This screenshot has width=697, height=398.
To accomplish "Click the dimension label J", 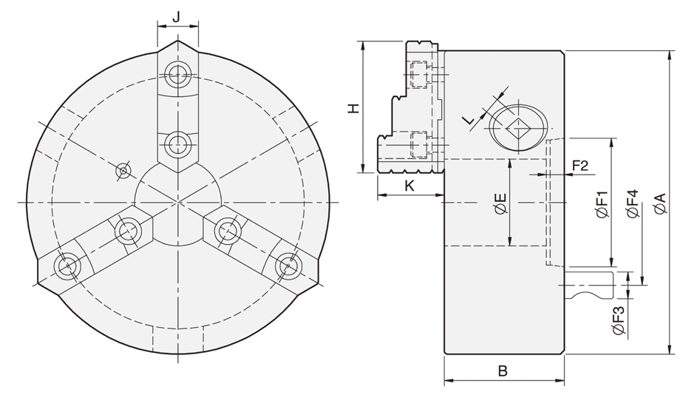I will pos(177,16).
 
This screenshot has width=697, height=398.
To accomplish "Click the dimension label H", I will pos(353,108).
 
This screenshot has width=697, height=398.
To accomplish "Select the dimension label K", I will pos(409,186).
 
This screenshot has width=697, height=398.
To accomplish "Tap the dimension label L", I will pos(467,121).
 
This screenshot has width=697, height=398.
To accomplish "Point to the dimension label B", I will pos(503,372).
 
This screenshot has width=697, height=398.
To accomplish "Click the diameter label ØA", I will pos(660,203).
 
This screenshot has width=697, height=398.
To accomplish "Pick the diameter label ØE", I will pos(500,203).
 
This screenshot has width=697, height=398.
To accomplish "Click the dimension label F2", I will pos(579,165).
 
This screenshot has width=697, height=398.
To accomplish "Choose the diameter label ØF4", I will pos(632,203).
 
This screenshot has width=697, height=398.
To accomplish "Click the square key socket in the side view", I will pos(517,129).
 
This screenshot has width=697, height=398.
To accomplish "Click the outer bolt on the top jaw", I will pos(178,72).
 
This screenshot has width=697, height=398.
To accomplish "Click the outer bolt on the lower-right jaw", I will pos(286,264).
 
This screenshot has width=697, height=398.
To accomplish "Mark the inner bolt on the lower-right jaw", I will pos(227,230).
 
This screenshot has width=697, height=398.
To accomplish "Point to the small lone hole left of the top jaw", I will pos(123,171).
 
